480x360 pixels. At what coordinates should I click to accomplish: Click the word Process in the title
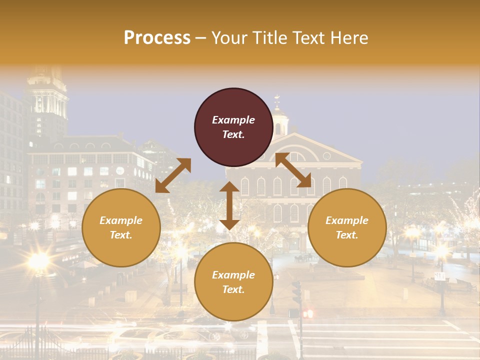pos(157,38)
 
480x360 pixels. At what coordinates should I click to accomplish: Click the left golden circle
pos(121,227)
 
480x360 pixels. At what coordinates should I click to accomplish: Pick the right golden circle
pos(347,227)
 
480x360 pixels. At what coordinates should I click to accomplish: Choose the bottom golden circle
pos(233,282)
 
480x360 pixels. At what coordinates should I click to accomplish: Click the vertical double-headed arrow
pos(229,205)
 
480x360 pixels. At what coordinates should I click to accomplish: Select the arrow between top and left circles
pos(173,175)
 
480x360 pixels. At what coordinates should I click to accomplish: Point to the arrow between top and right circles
pos(293,170)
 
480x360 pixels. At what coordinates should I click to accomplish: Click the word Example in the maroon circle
pos(233,120)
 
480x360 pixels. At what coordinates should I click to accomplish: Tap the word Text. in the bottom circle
pos(233,289)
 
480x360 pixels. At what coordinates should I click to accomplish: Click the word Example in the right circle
pos(346,220)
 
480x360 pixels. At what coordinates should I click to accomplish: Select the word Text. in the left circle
pos(121,235)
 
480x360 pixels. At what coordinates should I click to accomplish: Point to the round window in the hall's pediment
pos(326,155)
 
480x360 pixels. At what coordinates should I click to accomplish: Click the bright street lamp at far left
pos(38,260)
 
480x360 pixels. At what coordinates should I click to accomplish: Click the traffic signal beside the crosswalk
pos(296,292)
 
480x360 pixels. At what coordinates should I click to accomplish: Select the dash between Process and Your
pos(201,38)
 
